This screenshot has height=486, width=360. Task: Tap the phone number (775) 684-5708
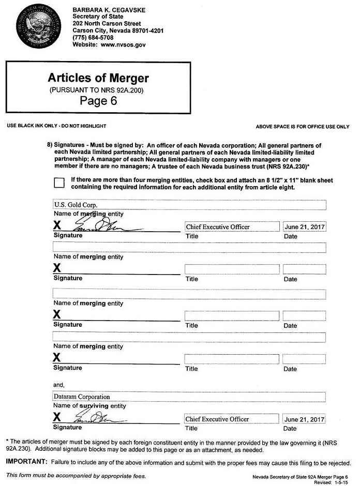[x=93, y=38]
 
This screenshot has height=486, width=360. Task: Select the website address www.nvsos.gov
[x=123, y=45]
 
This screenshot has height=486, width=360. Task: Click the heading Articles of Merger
[x=98, y=78]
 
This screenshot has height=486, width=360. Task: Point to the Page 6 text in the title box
[x=98, y=100]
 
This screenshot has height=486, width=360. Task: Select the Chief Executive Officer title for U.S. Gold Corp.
[x=218, y=226]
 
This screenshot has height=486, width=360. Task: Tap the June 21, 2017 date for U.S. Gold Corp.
[x=305, y=226]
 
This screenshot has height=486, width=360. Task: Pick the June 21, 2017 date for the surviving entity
[x=305, y=419]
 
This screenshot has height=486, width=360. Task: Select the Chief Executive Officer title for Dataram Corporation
[x=217, y=419]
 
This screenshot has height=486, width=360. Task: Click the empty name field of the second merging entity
[x=189, y=248]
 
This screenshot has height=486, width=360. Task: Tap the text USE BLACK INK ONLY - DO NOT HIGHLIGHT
[x=56, y=126]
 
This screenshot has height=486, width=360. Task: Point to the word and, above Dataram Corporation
[x=58, y=385]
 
